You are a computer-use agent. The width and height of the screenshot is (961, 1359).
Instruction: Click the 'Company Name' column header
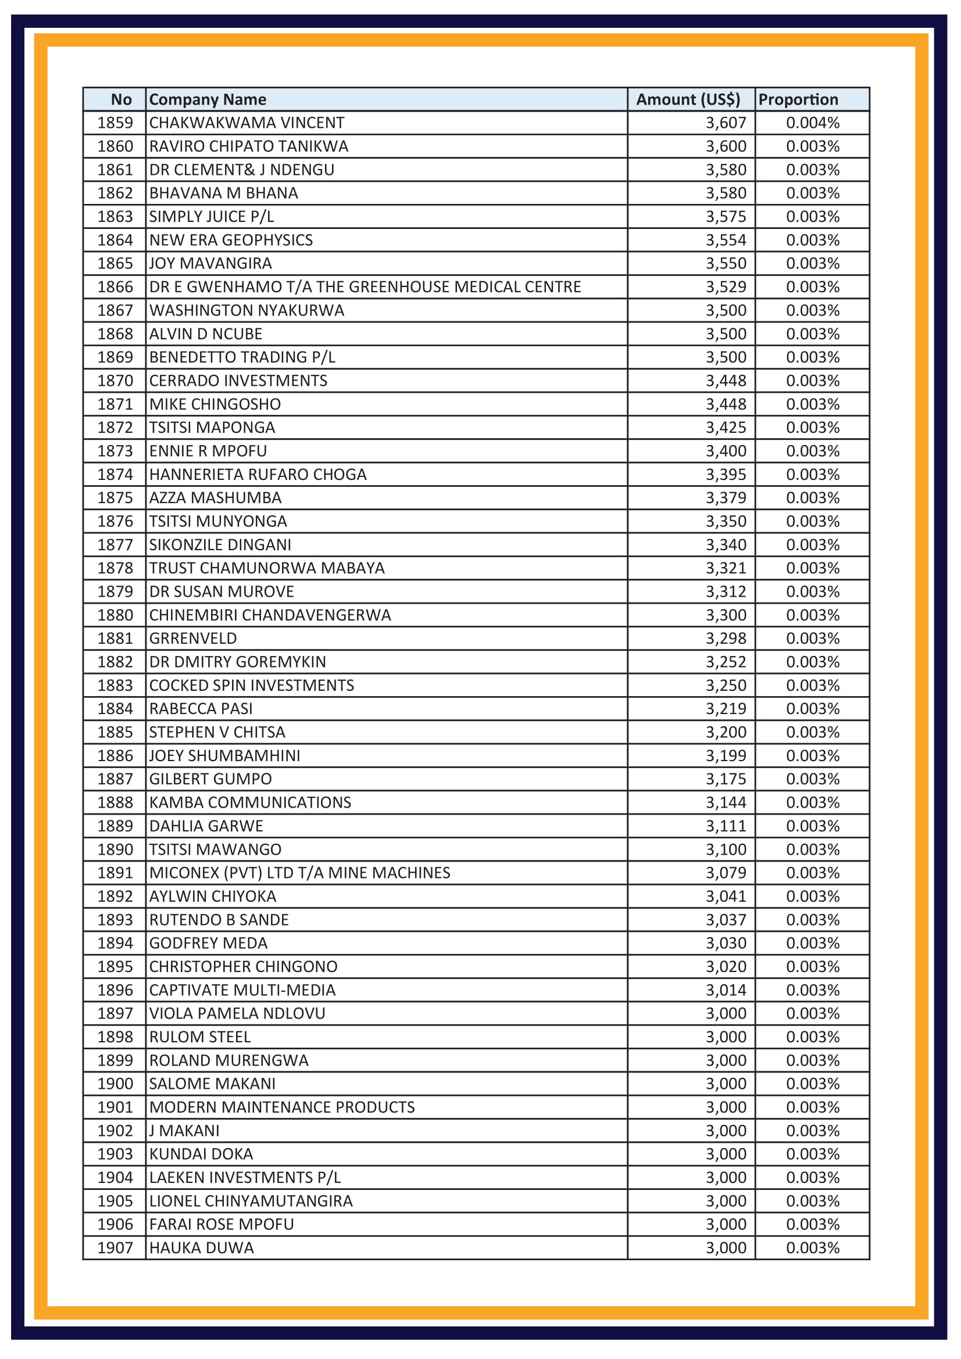tap(207, 99)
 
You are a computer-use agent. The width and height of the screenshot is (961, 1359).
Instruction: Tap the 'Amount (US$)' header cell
tap(688, 99)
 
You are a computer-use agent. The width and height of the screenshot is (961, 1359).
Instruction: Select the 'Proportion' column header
tap(798, 99)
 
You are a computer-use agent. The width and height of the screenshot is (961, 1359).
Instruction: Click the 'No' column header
tap(122, 99)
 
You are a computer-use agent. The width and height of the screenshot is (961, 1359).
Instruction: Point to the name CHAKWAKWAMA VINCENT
tap(246, 123)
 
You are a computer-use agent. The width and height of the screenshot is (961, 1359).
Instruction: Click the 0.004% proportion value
tap(812, 123)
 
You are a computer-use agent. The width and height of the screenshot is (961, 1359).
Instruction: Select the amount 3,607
tap(726, 123)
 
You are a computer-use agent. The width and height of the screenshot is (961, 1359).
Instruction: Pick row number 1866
tap(115, 287)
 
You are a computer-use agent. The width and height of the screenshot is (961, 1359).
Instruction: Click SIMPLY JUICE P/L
tap(212, 217)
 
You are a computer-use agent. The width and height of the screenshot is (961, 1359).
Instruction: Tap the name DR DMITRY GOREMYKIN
tap(237, 662)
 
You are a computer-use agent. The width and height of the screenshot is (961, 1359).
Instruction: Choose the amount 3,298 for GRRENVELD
tap(726, 639)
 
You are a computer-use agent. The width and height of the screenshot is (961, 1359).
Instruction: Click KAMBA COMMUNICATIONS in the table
tap(250, 802)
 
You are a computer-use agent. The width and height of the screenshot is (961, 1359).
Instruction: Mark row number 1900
tap(115, 1084)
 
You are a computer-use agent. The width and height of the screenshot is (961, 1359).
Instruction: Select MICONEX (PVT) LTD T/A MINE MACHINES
tap(299, 873)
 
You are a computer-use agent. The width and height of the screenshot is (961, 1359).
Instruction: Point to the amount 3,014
tap(726, 990)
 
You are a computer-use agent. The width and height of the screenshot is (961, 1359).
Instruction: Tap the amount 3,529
tap(726, 287)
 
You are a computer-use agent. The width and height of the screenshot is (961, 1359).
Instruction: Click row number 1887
tap(115, 779)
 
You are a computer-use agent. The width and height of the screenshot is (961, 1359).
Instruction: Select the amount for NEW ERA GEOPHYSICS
tap(726, 240)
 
